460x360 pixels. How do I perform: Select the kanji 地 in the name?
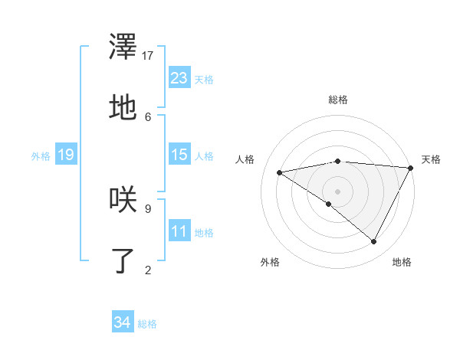click(x=123, y=107)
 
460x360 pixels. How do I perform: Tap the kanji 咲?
click(x=123, y=199)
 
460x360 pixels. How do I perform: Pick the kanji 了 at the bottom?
click(x=123, y=260)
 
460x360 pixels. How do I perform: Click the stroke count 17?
click(x=148, y=55)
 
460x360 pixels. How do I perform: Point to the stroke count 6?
click(x=148, y=116)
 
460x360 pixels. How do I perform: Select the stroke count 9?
click(x=148, y=207)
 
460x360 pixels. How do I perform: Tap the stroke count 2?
click(x=148, y=269)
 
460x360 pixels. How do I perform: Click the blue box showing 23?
click(x=179, y=78)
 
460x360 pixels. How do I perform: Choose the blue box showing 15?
click(x=179, y=155)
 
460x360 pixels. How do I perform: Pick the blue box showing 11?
click(x=179, y=231)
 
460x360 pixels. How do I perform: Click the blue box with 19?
click(x=66, y=155)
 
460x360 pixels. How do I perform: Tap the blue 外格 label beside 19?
click(x=41, y=155)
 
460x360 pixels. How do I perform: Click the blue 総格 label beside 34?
click(x=147, y=324)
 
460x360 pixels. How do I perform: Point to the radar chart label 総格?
click(x=338, y=100)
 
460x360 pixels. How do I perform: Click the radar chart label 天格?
click(x=431, y=159)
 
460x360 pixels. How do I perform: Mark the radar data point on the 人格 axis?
click(x=280, y=172)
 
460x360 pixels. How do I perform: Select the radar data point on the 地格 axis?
click(x=373, y=241)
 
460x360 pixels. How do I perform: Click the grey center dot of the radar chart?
click(x=338, y=191)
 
